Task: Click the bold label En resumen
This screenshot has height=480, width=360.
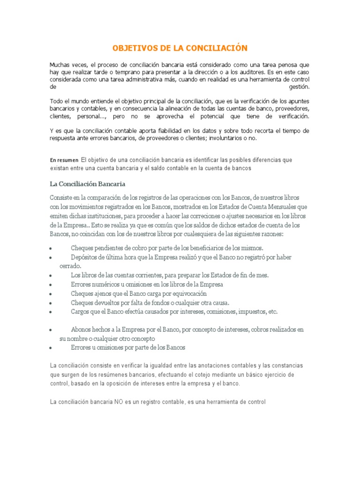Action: (x=64, y=160)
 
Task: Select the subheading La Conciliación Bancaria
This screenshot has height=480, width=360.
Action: (x=88, y=183)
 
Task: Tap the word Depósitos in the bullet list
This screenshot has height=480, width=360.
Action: (x=85, y=257)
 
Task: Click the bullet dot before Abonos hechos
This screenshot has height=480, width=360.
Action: (x=51, y=330)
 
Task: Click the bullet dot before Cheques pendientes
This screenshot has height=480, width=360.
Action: (x=51, y=248)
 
